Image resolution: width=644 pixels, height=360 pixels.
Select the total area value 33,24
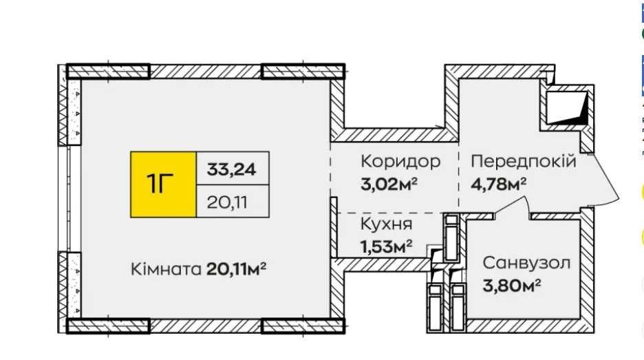point(231,168)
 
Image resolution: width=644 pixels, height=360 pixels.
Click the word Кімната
point(166,269)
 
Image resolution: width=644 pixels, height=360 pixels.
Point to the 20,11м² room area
point(236,269)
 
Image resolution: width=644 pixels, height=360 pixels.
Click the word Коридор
point(400,162)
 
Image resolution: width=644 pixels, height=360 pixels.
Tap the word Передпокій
point(522,162)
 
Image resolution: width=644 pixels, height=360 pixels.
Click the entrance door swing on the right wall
point(601,182)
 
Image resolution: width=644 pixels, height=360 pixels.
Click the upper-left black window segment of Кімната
point(109,70)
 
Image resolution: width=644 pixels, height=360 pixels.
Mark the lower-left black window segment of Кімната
point(109,324)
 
